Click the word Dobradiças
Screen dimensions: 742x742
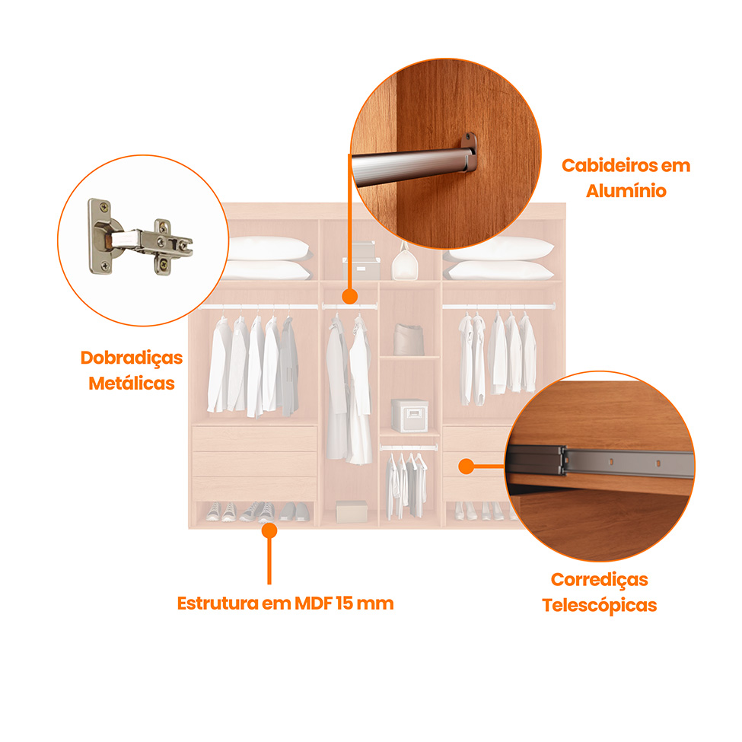coord(132,358)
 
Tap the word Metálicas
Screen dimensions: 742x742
coord(132,384)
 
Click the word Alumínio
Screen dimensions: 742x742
coord(626,191)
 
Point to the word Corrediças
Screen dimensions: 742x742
coord(599,580)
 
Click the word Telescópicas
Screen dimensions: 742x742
coord(599,606)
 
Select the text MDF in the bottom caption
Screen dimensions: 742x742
coord(314,603)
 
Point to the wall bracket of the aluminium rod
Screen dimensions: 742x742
coord(469,152)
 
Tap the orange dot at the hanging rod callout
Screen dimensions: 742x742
coord(350,297)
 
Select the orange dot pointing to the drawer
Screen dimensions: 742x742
coord(466,466)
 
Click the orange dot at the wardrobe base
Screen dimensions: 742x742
coord(269,530)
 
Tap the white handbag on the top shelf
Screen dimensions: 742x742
coord(405,263)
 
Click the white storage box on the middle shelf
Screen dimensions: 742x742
coord(409,416)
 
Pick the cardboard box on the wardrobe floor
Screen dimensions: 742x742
coord(352,511)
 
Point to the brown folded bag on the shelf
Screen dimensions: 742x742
coord(409,339)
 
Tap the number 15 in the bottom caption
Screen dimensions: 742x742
coord(344,603)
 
